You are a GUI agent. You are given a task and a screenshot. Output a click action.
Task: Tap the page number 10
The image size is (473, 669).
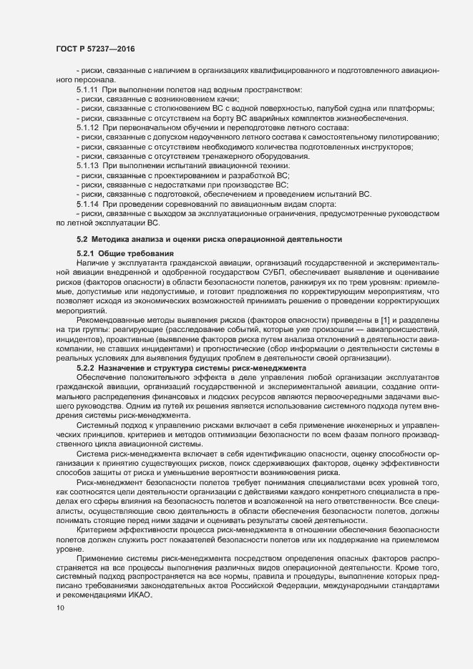59,608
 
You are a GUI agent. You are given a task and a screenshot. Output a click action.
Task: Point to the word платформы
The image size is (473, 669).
414,109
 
